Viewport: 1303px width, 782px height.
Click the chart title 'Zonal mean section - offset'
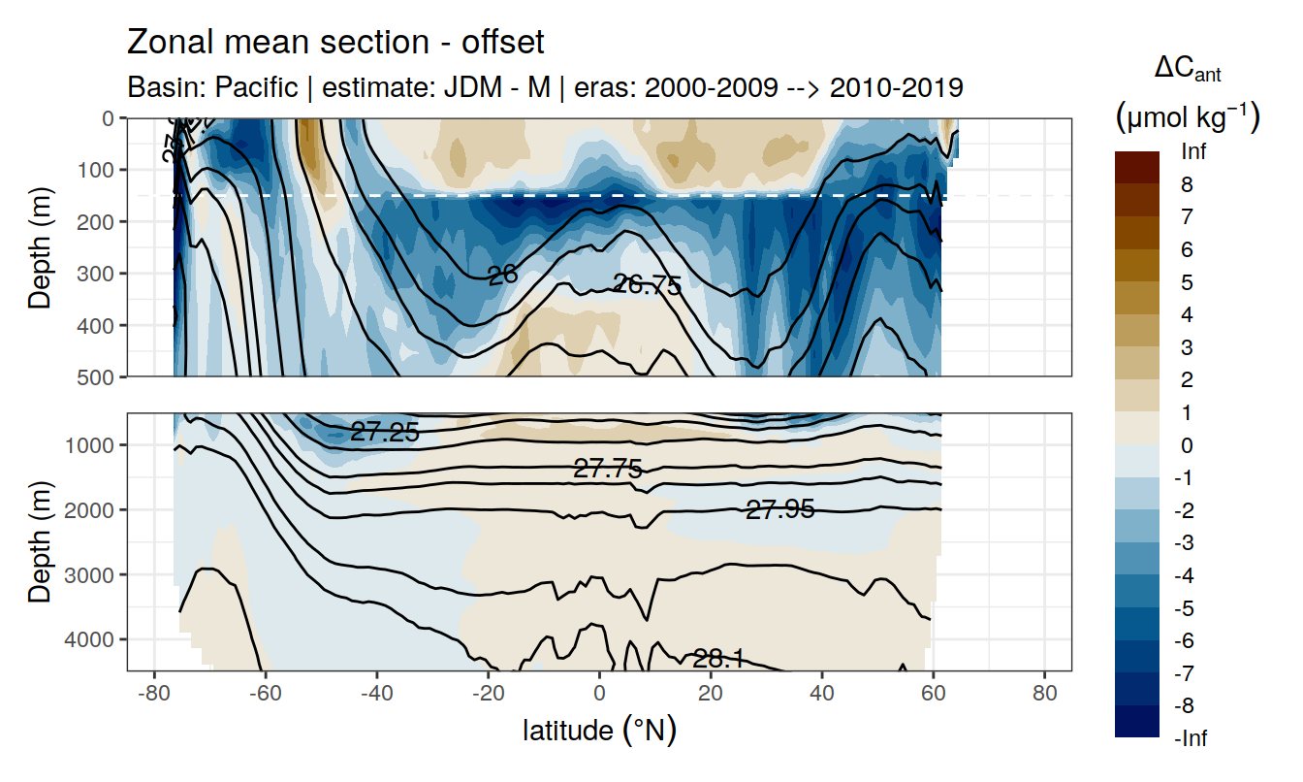[x=335, y=43]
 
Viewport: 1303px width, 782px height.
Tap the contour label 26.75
[x=647, y=284]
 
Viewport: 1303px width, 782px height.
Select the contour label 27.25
[x=385, y=433]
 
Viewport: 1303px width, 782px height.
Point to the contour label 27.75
[x=608, y=470]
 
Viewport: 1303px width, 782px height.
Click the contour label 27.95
[x=779, y=508]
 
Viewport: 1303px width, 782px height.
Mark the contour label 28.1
[x=718, y=659]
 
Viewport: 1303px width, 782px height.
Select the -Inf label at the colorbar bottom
[x=1192, y=738]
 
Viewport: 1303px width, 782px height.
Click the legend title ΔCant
[x=1188, y=70]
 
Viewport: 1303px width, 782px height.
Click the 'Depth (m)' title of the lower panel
[x=40, y=541]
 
